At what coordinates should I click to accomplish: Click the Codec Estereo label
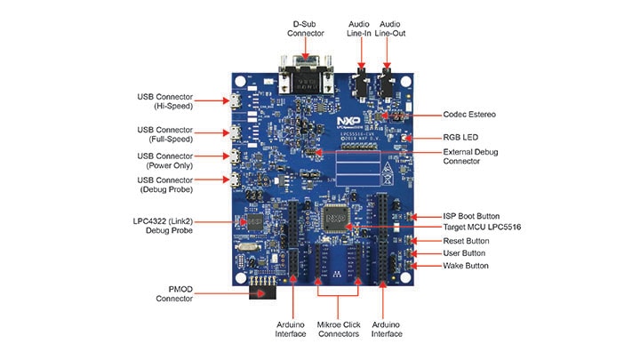click(x=470, y=115)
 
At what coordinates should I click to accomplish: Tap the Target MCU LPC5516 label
click(x=482, y=228)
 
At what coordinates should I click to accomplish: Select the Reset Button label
click(x=466, y=241)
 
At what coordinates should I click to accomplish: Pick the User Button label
click(x=463, y=253)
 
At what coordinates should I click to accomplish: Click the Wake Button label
click(x=465, y=266)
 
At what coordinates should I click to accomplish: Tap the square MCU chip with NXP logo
click(x=335, y=215)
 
